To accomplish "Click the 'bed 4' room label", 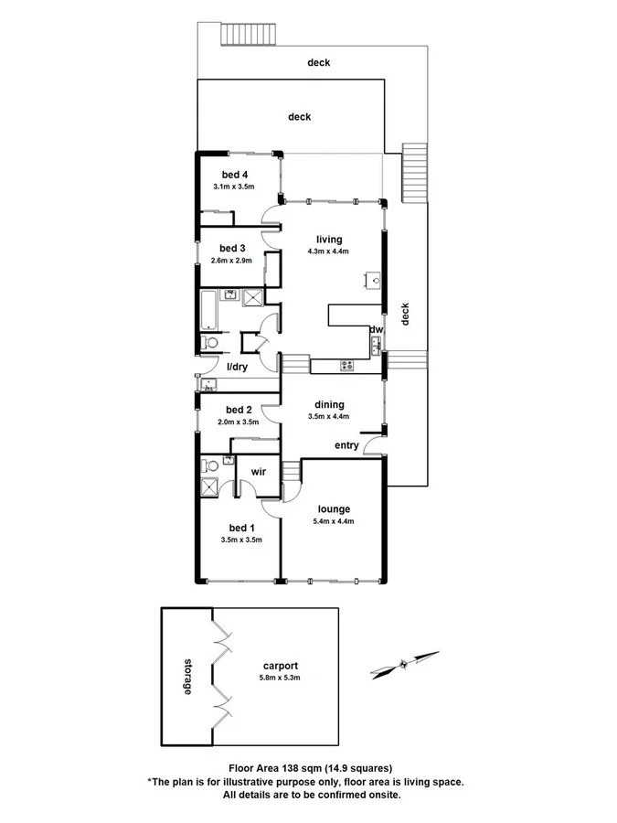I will (x=234, y=175).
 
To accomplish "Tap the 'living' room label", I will (x=329, y=240).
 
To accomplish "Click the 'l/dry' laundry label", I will (x=237, y=367).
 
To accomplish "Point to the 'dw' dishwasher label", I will (x=375, y=329).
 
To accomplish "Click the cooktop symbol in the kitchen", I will (x=347, y=366).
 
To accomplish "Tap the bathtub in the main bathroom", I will (x=209, y=308).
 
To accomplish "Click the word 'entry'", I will (x=346, y=445).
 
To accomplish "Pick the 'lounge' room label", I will (x=335, y=508).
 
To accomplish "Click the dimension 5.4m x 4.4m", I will (x=335, y=521).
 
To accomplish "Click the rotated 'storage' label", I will (x=186, y=675).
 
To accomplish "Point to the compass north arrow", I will (x=405, y=664).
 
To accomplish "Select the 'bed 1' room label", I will (x=241, y=528).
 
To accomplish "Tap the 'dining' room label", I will (x=329, y=404).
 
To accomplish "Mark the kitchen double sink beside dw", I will (x=375, y=346).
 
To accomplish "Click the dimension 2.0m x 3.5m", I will (x=238, y=422).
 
